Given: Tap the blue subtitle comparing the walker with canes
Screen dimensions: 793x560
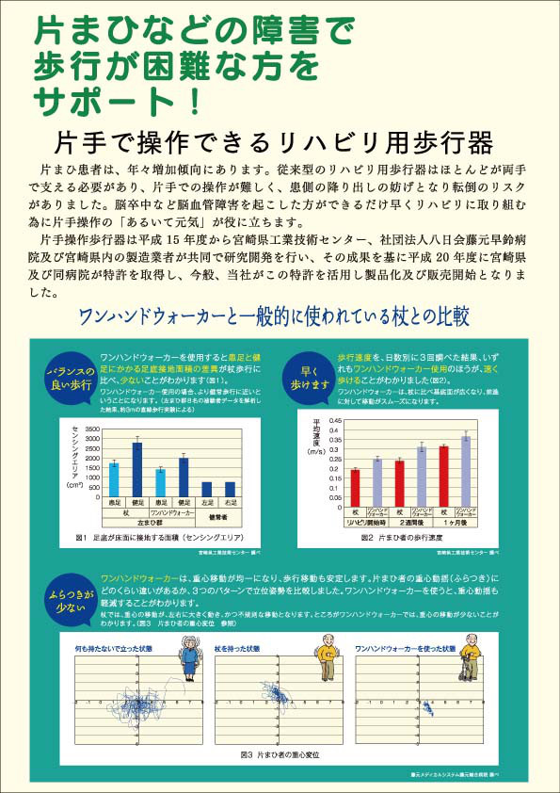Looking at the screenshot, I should [x=280, y=315].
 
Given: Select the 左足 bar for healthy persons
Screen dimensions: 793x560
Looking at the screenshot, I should [x=207, y=489].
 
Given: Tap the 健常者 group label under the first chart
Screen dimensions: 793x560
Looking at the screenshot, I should [x=217, y=516].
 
